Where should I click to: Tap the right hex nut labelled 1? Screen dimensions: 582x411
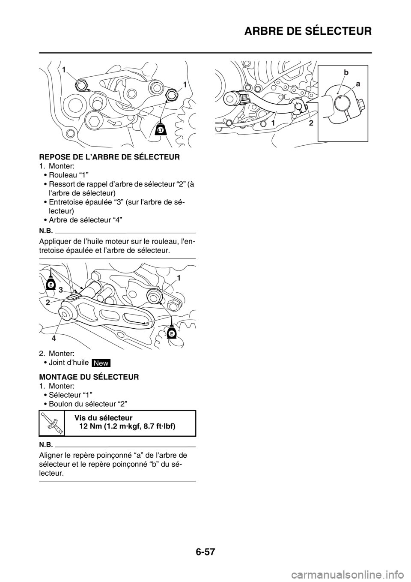[172, 94]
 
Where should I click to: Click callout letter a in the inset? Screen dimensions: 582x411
[358, 85]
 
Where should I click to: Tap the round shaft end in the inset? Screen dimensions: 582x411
[341, 101]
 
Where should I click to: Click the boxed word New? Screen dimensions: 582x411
[101, 363]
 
